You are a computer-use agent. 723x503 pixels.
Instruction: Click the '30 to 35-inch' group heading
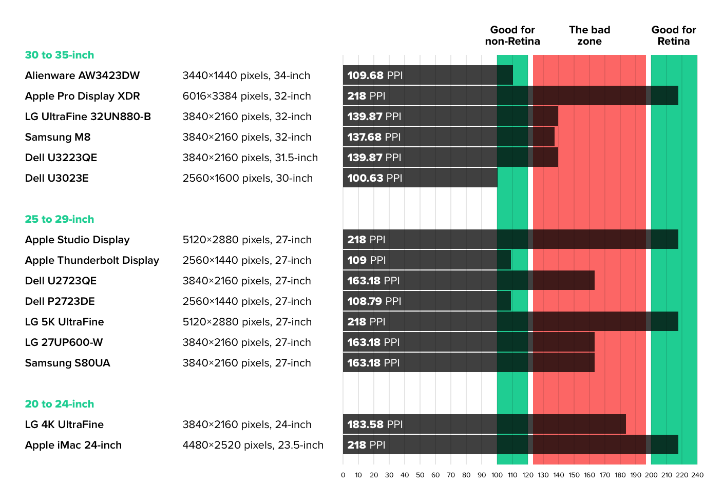(60, 55)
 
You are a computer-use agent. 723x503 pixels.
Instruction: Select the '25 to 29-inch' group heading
(60, 219)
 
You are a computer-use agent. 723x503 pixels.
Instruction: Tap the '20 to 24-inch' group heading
(60, 404)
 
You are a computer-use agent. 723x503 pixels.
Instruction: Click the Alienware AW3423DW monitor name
(82, 75)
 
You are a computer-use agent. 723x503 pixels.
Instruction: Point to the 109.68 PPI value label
(375, 75)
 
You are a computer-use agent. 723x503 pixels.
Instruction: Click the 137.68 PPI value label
(374, 137)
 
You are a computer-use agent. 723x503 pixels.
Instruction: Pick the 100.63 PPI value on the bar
(375, 178)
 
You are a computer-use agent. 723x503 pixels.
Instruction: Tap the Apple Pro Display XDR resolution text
(246, 96)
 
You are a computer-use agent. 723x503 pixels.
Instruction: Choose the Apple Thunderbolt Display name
(92, 260)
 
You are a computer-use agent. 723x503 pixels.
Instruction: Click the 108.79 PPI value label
(374, 301)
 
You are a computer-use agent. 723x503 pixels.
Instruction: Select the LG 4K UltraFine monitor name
(64, 424)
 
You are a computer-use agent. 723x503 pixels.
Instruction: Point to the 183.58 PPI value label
(375, 424)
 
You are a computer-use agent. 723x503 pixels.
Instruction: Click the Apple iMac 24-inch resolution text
(253, 445)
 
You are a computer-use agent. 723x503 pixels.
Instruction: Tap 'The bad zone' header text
(589, 35)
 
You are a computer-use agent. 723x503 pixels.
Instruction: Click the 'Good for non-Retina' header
(512, 35)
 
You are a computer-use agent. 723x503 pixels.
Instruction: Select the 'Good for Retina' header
(674, 35)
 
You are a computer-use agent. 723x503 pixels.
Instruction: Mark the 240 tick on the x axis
(697, 475)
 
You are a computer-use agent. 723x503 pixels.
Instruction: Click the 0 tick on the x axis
(343, 475)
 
